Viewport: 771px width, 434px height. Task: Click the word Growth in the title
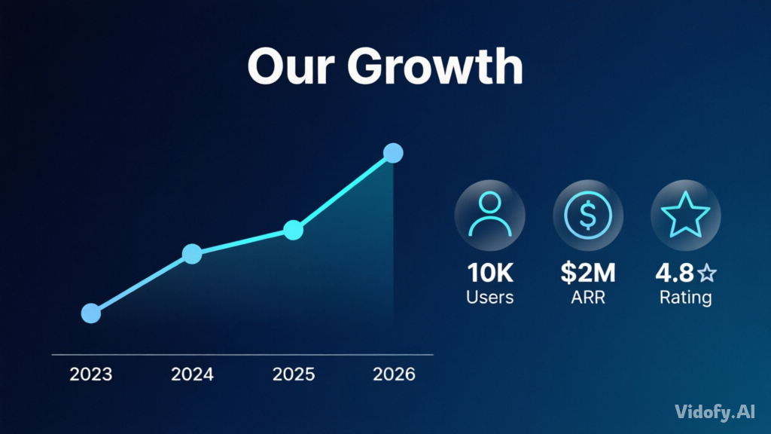pos(435,66)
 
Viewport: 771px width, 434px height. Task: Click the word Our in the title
pos(291,66)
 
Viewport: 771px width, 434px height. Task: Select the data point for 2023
pos(91,313)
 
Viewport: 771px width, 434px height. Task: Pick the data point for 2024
pos(192,254)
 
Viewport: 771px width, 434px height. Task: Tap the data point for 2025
pos(294,230)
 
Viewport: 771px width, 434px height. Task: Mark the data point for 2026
pos(393,153)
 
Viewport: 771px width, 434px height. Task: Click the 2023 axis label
pos(91,374)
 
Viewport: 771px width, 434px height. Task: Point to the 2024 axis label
pos(192,374)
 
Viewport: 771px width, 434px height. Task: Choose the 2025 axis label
pos(294,374)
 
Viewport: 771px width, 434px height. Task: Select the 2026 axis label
pos(394,374)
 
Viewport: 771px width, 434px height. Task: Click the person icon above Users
pos(489,215)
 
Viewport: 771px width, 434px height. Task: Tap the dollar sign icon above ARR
pos(588,215)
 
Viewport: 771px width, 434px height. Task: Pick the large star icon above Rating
pos(685,215)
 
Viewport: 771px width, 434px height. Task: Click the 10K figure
pos(489,273)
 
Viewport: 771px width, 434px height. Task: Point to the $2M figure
pos(588,273)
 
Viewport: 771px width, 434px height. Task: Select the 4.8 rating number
pos(675,273)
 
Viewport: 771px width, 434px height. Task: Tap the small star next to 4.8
pos(707,273)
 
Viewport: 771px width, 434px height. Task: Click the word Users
pos(489,297)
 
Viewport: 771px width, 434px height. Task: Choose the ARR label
pos(588,297)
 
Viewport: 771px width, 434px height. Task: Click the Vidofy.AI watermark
pos(715,412)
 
